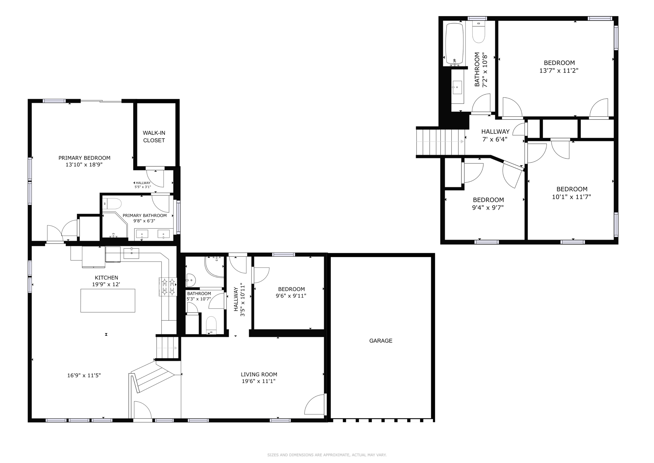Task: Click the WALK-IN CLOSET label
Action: point(154,136)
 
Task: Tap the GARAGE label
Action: point(381,341)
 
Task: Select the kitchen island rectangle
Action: point(108,300)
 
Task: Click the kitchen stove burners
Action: point(168,287)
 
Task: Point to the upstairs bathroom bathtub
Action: point(454,43)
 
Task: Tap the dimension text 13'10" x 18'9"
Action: point(84,164)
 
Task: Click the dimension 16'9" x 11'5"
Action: point(84,376)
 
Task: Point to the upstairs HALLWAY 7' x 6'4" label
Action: point(495,135)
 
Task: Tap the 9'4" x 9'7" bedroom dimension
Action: point(488,208)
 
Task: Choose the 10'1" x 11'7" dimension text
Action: point(571,197)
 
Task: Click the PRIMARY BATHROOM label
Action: point(144,215)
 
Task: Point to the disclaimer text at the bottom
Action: point(327,455)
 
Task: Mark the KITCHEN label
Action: point(106,278)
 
